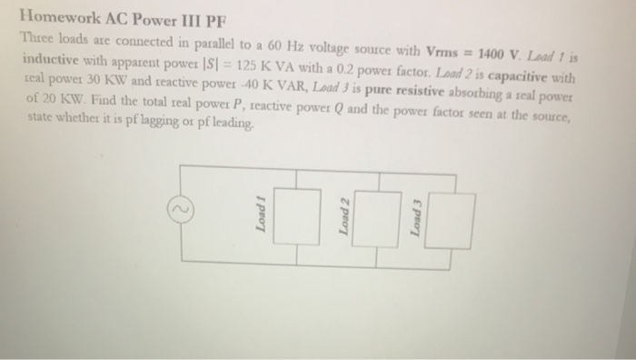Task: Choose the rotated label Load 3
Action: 416,223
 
